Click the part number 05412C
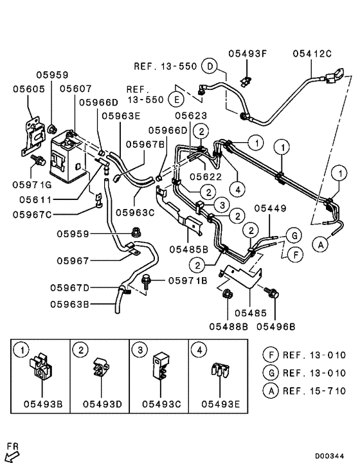pyautogui.click(x=313, y=53)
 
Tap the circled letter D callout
pyautogui.click(x=208, y=65)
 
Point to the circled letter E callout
pyautogui.click(x=174, y=98)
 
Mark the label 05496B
pyautogui.click(x=276, y=326)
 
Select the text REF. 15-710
pyautogui.click(x=314, y=390)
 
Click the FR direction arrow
pyautogui.click(x=13, y=456)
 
